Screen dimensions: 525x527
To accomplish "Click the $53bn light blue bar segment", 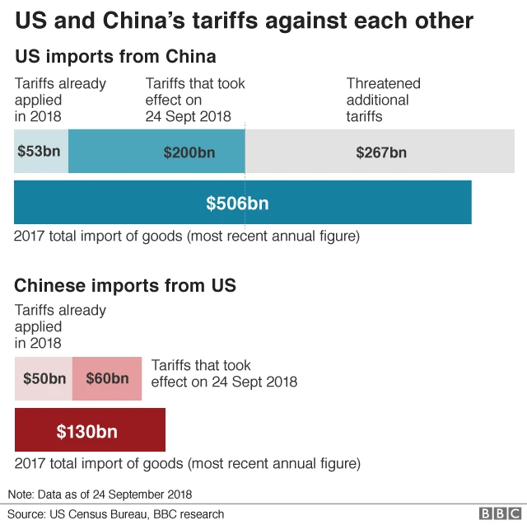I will click(x=41, y=151).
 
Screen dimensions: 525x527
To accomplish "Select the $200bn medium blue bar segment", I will click(x=156, y=151).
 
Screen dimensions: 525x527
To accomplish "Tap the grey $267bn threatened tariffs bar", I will click(x=380, y=151).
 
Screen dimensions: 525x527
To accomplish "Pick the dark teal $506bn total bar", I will click(x=242, y=202).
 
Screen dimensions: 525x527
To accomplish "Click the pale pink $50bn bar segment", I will click(x=44, y=378).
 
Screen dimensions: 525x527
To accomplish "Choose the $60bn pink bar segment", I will click(x=107, y=378).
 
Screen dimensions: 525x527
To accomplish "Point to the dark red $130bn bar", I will click(x=90, y=429).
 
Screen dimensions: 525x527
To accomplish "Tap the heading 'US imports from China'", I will click(x=115, y=57).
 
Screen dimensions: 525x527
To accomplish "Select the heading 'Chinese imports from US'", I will click(x=125, y=285).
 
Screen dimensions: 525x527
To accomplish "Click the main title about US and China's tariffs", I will click(x=244, y=20).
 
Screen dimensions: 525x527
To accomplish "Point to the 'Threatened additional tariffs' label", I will click(x=383, y=100).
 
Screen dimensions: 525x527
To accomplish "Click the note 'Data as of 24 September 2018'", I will click(x=100, y=495).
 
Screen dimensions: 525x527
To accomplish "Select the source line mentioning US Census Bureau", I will click(x=116, y=513).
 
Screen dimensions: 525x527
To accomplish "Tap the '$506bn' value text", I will click(x=237, y=203).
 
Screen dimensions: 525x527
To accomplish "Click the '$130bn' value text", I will click(x=86, y=430).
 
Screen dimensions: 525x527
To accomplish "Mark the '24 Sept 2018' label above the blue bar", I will click(x=188, y=116).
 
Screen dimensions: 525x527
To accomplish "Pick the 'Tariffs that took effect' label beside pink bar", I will click(x=224, y=373).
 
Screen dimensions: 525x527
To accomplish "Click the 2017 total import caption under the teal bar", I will click(x=187, y=237).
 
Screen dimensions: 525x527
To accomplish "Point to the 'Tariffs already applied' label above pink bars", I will click(x=60, y=326).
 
